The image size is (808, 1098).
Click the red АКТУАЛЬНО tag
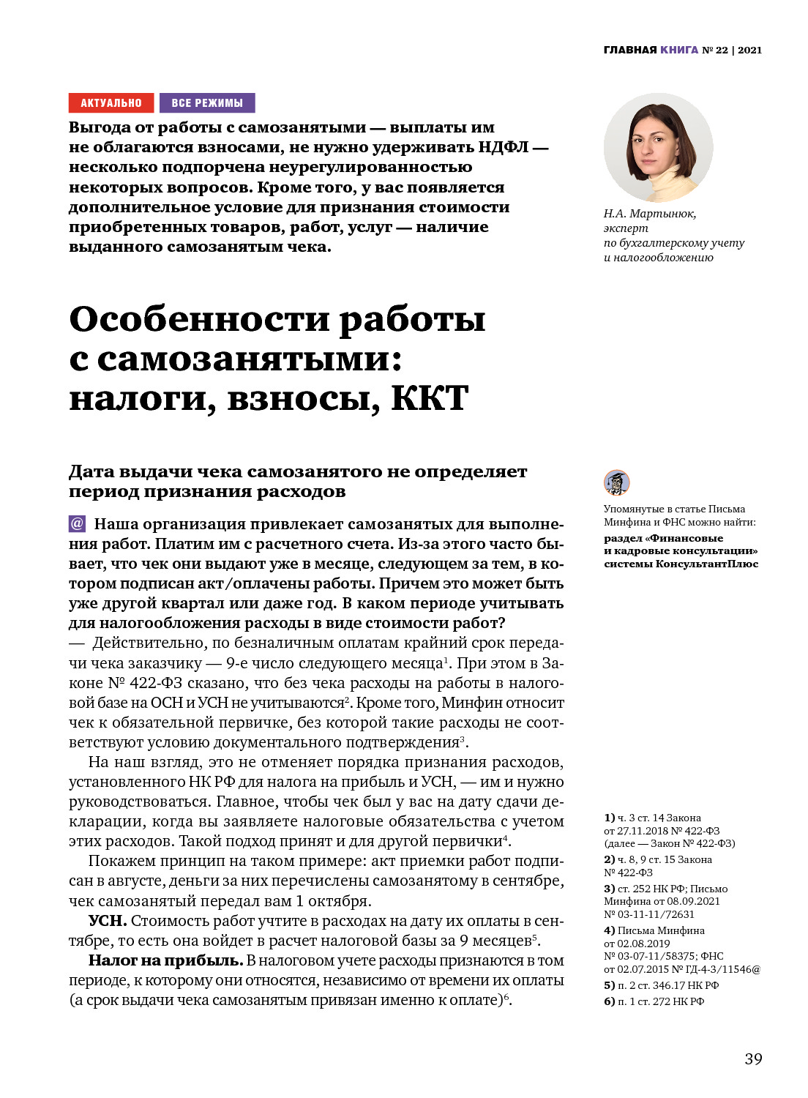tap(111, 103)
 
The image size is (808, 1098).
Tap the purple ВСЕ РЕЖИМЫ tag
tap(207, 103)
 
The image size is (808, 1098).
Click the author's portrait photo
tap(658, 148)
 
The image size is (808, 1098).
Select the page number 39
tap(753, 1058)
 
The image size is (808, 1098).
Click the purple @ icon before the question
tap(77, 523)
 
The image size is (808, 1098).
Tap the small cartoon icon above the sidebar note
tap(616, 482)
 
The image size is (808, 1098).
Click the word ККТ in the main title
tap(430, 399)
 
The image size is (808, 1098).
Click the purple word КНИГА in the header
tap(679, 50)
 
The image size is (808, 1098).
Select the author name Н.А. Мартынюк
tap(649, 214)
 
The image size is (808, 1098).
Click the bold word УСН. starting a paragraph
tap(108, 921)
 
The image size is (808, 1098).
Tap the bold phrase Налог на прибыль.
tap(165, 960)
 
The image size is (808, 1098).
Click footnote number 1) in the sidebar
tap(609, 818)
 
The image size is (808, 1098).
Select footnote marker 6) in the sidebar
tap(609, 1001)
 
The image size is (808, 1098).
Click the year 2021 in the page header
tap(749, 50)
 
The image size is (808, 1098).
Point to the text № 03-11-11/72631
tap(649, 914)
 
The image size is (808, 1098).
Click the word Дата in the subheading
tap(91, 472)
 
